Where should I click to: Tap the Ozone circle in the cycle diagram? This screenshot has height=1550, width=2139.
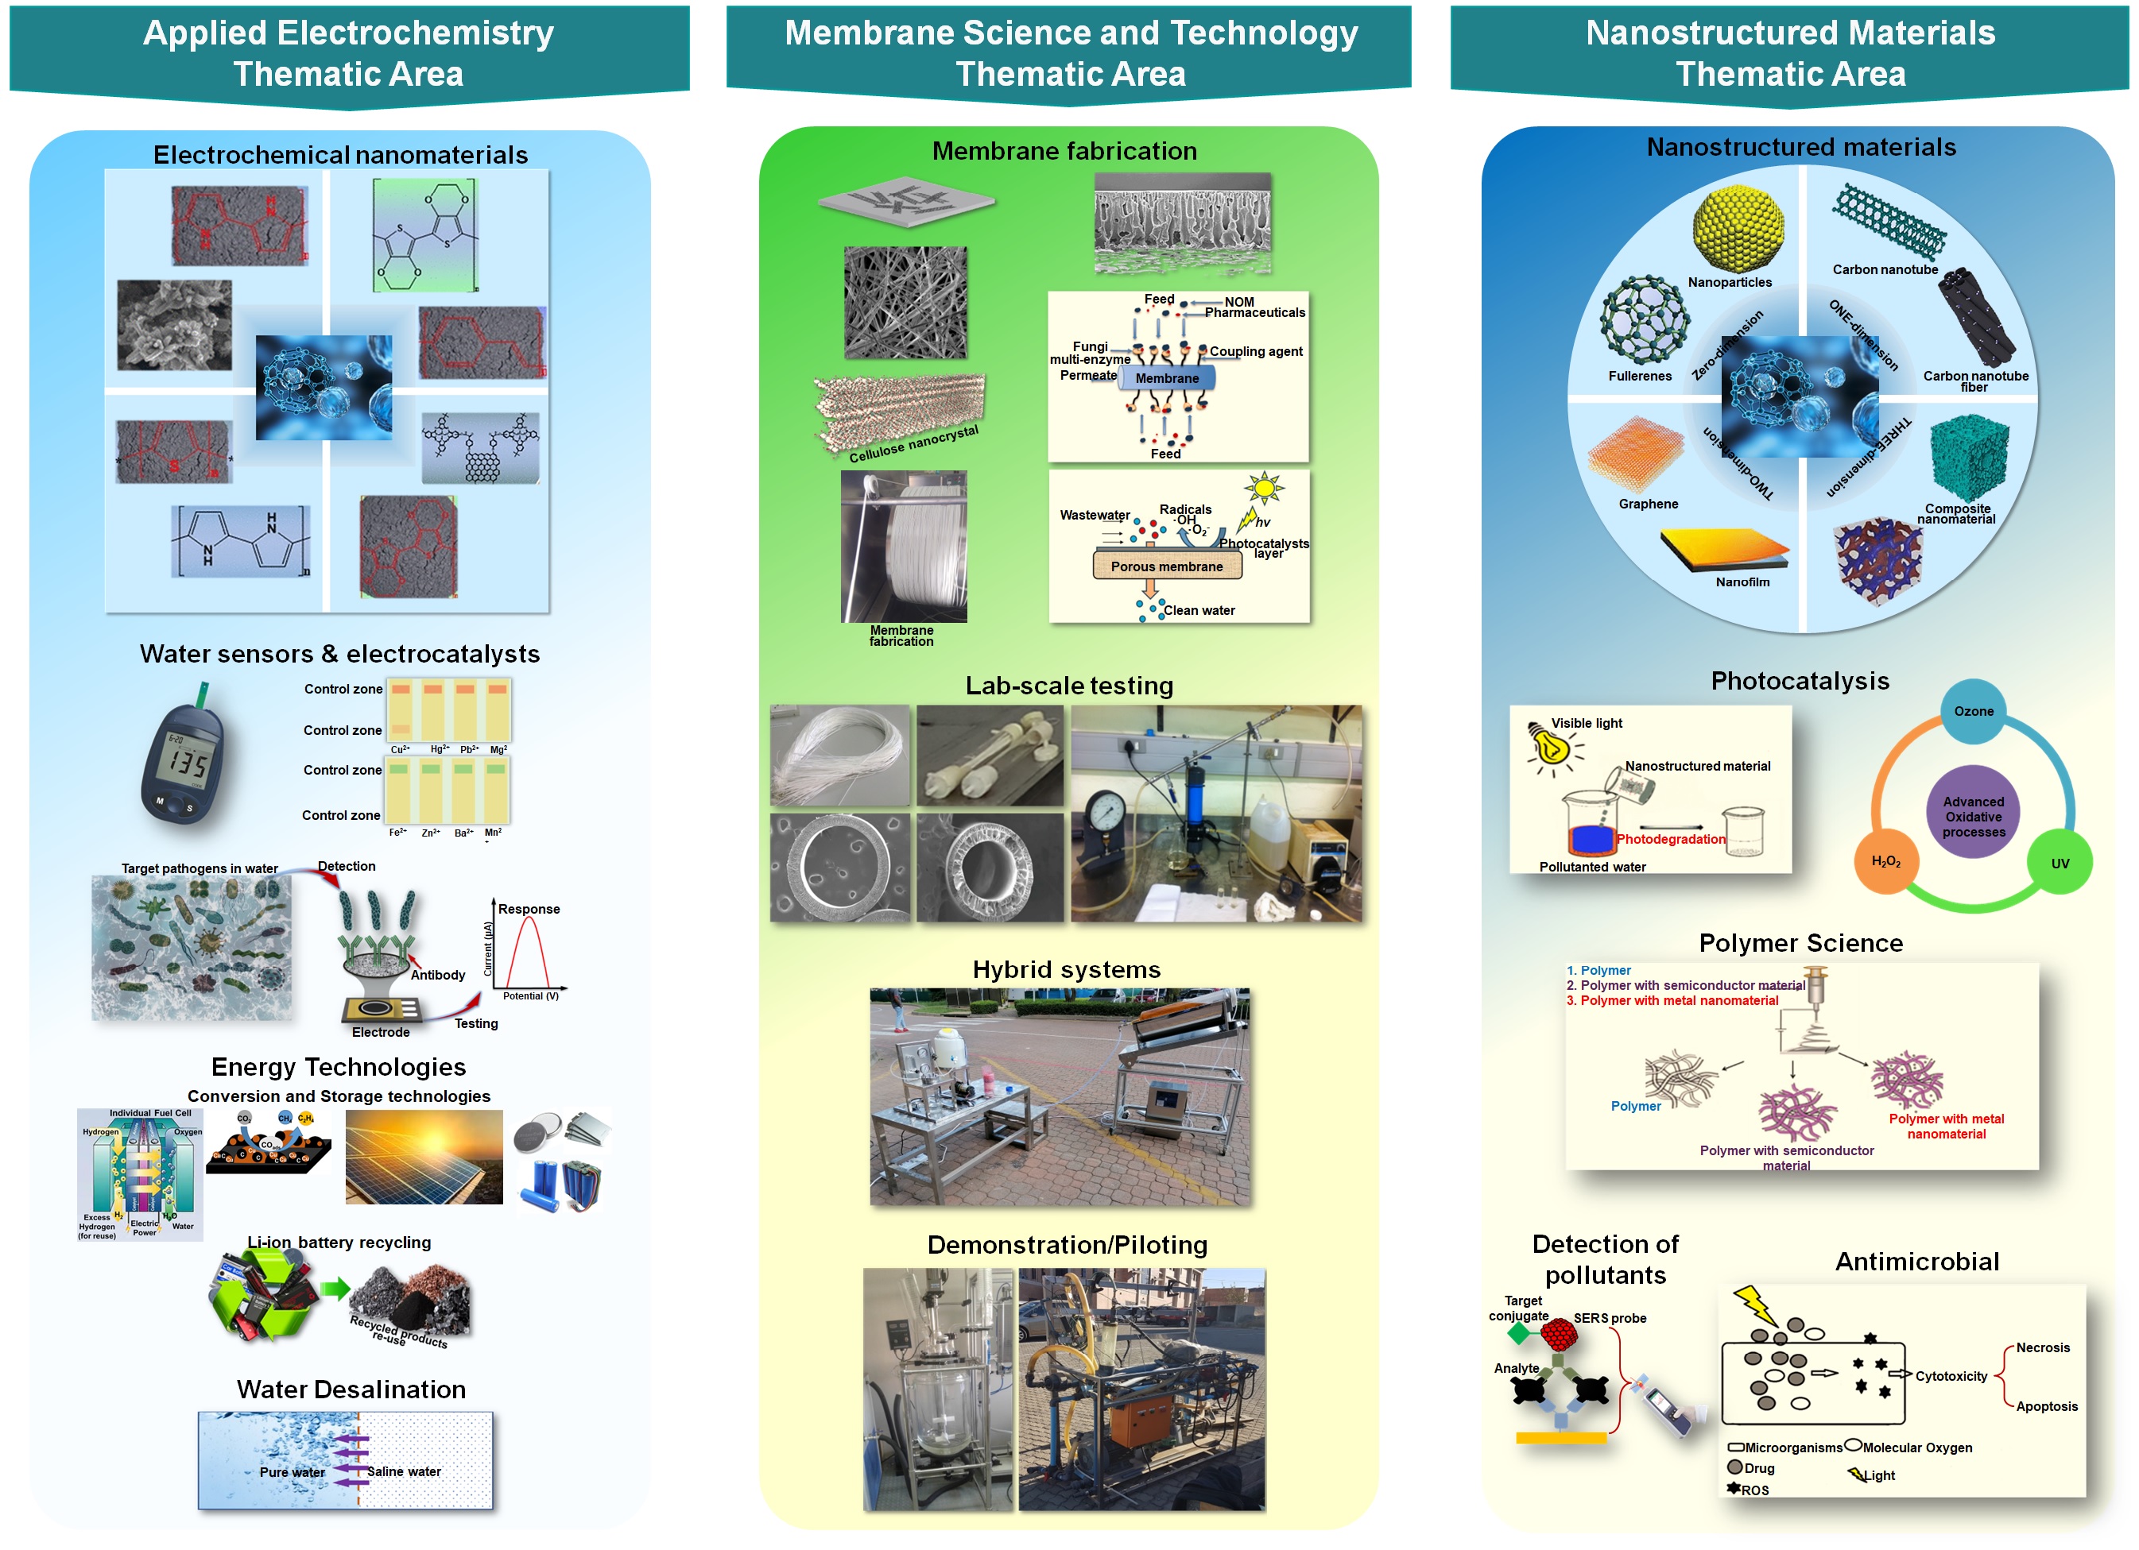tap(1973, 712)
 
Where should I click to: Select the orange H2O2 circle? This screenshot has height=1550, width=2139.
tap(1885, 860)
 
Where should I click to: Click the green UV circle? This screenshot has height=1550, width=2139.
tap(2060, 863)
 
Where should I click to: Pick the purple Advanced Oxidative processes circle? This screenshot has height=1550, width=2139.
tap(1973, 817)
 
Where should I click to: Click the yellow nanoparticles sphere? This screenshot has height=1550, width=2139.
tap(1738, 228)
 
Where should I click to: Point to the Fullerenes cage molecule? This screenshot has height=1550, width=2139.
tap(1643, 319)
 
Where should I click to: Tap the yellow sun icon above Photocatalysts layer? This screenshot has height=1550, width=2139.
tap(1264, 489)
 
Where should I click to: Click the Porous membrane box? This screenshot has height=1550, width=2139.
tap(1166, 566)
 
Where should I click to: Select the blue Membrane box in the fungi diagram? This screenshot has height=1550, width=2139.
tap(1167, 378)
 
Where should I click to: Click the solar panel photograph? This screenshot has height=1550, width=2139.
tap(424, 1157)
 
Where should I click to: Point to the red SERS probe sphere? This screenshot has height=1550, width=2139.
tap(1559, 1334)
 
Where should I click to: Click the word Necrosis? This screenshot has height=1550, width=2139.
tap(2042, 1347)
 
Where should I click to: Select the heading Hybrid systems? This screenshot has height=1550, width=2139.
tap(1066, 969)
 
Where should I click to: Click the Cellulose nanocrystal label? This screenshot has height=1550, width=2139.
tap(913, 444)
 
